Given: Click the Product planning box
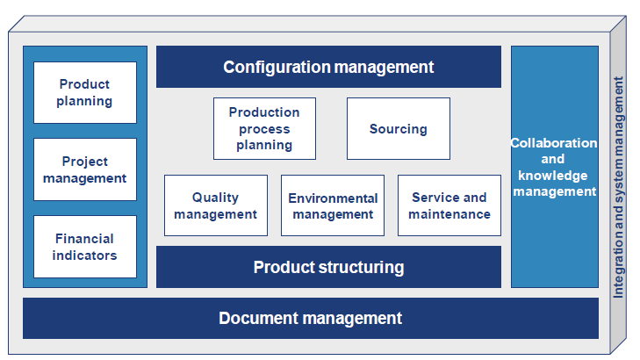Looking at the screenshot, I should (x=85, y=92).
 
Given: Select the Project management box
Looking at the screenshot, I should (x=85, y=169).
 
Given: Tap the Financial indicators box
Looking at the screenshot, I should (x=85, y=246).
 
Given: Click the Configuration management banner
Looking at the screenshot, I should (x=328, y=67).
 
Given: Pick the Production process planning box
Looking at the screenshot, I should (x=264, y=128).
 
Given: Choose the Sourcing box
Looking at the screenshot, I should (x=398, y=128).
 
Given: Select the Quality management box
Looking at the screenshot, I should (x=215, y=205).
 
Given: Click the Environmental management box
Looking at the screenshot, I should (x=333, y=205).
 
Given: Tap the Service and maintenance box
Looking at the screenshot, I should (x=449, y=205).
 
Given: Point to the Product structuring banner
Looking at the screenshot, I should (x=328, y=267).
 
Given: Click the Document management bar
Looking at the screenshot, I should (x=310, y=318).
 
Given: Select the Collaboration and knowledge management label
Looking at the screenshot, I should (x=554, y=167).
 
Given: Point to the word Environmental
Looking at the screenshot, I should (x=333, y=198).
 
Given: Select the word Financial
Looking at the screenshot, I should (x=85, y=239).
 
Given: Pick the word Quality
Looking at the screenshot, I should (x=215, y=198).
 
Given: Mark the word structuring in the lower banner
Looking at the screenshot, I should (x=360, y=267).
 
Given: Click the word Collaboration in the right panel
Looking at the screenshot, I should (x=554, y=143).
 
